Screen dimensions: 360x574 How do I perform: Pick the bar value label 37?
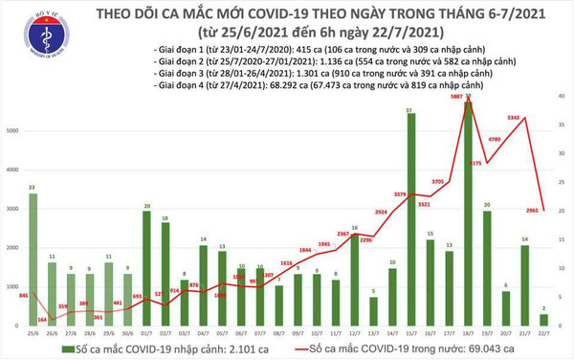[x=410, y=112]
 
